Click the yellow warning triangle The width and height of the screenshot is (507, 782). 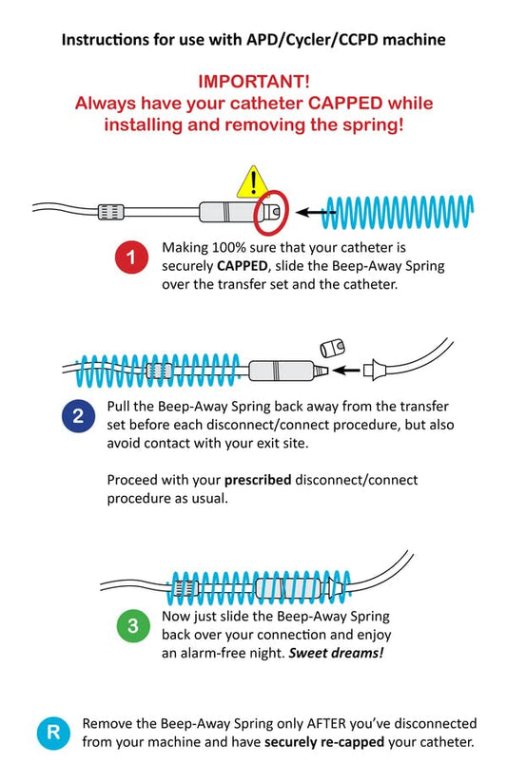[253, 183]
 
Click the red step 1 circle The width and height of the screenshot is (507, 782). [131, 257]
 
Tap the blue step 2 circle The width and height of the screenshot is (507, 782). [78, 416]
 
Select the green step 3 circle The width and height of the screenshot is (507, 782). [133, 625]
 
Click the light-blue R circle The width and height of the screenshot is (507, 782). [53, 733]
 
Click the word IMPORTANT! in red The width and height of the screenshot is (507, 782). [254, 82]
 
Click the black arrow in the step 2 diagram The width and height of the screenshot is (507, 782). [346, 371]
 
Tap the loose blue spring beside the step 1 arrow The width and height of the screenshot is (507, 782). [398, 212]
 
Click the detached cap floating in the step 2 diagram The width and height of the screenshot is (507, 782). [332, 348]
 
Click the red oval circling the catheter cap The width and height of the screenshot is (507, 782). [271, 213]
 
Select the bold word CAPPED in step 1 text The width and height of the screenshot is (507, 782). [243, 266]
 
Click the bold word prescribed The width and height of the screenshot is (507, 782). [258, 480]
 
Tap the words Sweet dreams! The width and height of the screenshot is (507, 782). [336, 653]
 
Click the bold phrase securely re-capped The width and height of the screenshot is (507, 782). [324, 742]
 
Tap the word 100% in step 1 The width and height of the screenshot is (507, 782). [227, 247]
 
